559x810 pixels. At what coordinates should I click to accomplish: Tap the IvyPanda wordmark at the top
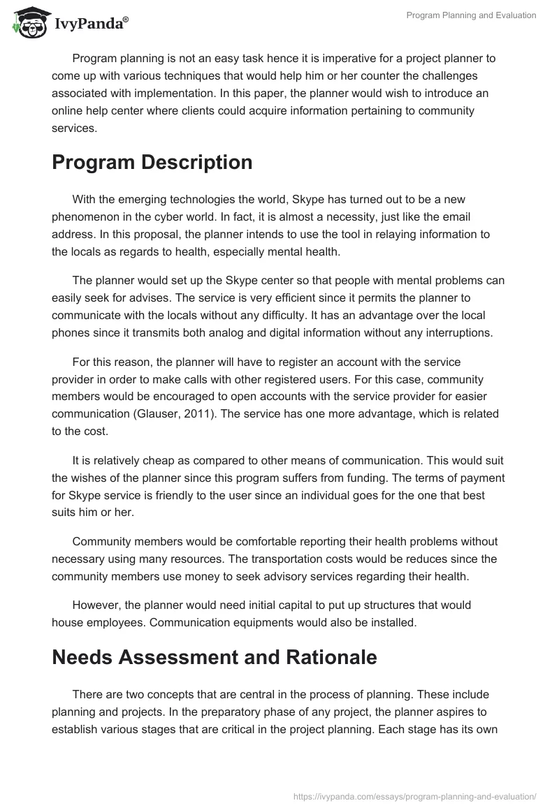point(91,23)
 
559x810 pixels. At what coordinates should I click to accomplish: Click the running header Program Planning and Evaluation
point(471,15)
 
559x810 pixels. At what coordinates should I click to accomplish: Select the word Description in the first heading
point(196,162)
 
